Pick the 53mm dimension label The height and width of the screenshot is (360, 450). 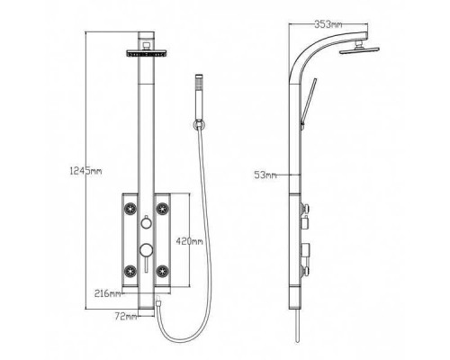pos(265,175)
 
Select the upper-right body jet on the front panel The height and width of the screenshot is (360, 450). pos(165,211)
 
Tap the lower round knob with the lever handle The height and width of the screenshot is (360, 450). pos(144,251)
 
